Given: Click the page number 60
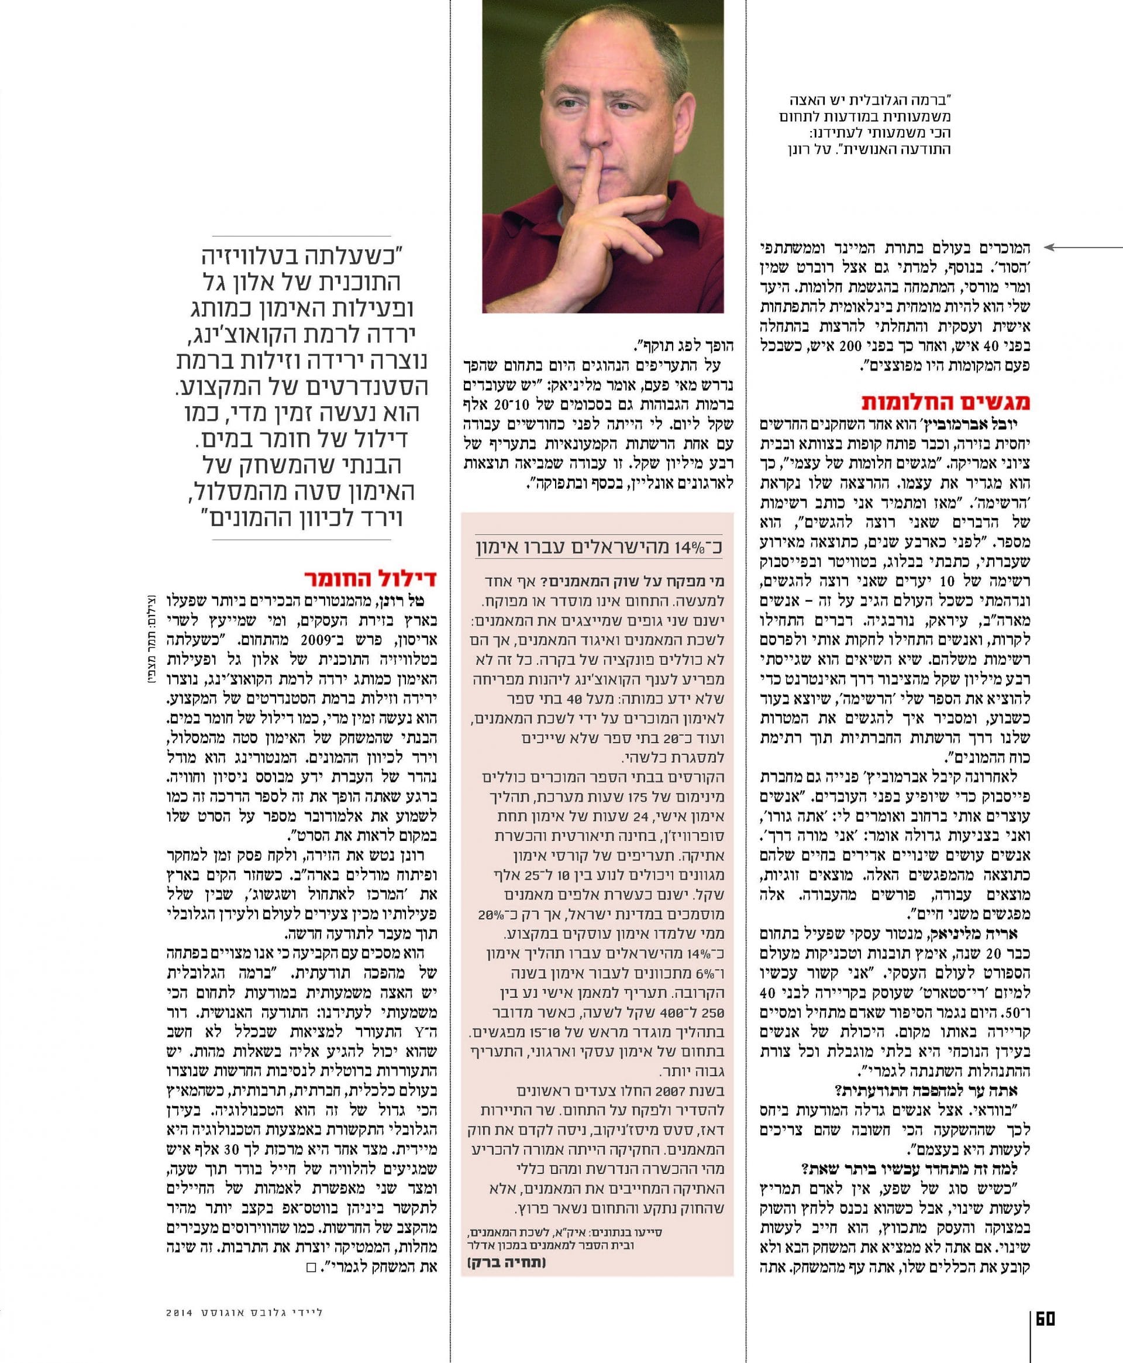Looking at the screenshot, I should (1045, 1319).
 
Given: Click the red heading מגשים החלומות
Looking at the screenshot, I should (946, 402).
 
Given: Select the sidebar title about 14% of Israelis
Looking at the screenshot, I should (598, 547).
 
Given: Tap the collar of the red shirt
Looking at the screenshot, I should (653, 214).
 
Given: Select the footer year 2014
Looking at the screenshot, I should (180, 1313).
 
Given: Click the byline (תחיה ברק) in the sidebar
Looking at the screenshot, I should (507, 1262).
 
